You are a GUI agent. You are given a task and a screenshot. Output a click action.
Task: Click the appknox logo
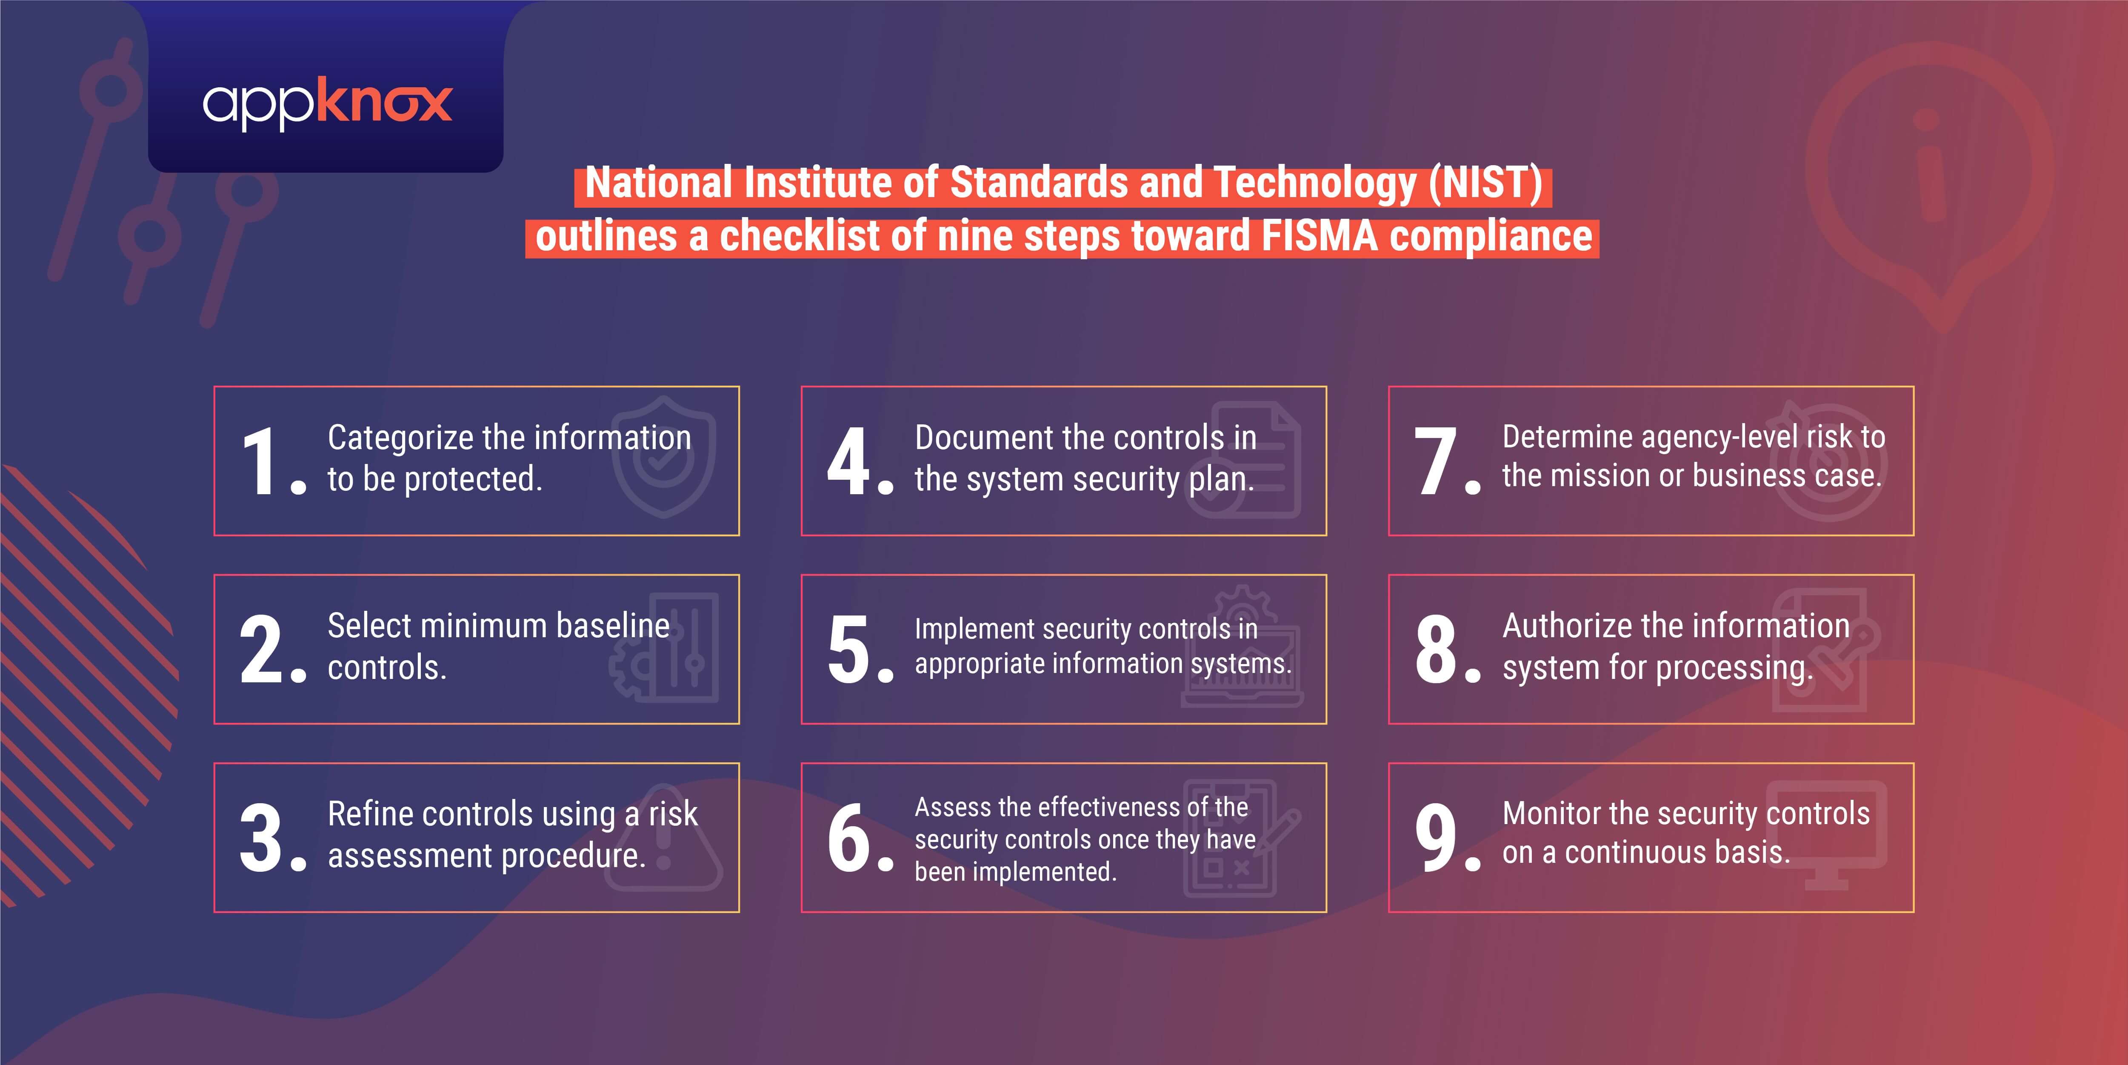(x=327, y=105)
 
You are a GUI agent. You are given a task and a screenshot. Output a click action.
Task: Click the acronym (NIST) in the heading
(x=1485, y=183)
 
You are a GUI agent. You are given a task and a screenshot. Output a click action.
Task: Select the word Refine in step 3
(x=369, y=814)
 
